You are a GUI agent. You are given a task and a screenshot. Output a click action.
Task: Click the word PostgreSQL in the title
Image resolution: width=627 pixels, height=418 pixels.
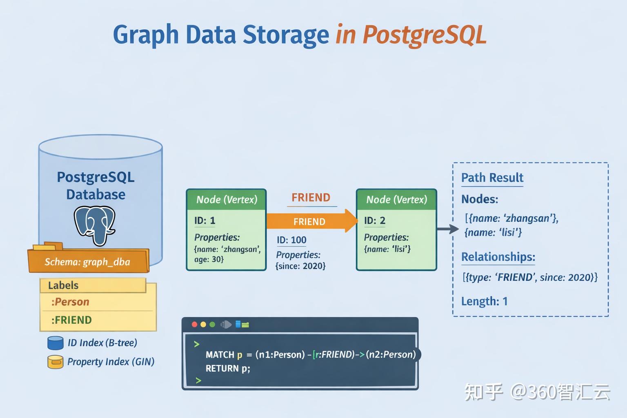click(x=424, y=35)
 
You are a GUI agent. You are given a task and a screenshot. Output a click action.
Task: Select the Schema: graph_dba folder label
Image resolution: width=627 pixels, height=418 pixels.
click(x=87, y=262)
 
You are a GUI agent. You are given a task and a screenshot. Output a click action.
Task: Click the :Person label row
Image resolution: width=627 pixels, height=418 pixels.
click(x=70, y=302)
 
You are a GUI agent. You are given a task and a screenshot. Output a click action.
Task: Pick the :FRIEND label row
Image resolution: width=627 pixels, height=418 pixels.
click(x=71, y=320)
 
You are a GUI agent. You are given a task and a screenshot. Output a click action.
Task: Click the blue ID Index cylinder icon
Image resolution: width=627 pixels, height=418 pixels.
click(x=56, y=343)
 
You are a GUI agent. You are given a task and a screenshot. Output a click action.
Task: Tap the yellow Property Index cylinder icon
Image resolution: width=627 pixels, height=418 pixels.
click(x=56, y=362)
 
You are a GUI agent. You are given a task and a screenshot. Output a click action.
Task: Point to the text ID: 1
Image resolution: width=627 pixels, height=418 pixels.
click(x=205, y=221)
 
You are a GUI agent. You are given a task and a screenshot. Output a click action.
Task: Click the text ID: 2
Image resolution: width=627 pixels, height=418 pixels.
click(x=374, y=221)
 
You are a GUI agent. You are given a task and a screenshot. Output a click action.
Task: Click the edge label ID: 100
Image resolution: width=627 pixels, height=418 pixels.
click(x=291, y=240)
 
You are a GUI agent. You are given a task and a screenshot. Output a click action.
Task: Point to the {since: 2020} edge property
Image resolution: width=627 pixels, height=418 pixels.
click(x=300, y=266)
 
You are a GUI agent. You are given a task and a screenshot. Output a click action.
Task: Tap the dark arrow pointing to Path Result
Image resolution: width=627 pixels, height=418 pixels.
click(x=447, y=229)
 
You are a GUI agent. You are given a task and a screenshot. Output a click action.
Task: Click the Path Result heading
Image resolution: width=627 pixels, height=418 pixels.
click(x=492, y=178)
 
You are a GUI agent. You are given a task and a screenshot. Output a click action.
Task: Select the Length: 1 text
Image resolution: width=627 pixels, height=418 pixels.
click(x=484, y=301)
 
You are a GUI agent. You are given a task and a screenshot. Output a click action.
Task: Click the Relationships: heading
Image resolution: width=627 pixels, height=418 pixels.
click(x=498, y=257)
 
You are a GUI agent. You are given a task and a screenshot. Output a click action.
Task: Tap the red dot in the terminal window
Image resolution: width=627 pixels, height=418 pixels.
click(x=194, y=325)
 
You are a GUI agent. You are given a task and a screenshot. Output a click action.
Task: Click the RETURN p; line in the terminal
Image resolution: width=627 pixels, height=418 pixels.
click(x=228, y=369)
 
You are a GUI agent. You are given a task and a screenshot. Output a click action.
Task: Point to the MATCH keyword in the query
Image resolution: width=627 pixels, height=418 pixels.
click(x=220, y=355)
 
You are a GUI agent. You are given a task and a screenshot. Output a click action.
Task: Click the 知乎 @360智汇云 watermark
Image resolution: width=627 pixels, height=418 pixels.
click(x=537, y=392)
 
